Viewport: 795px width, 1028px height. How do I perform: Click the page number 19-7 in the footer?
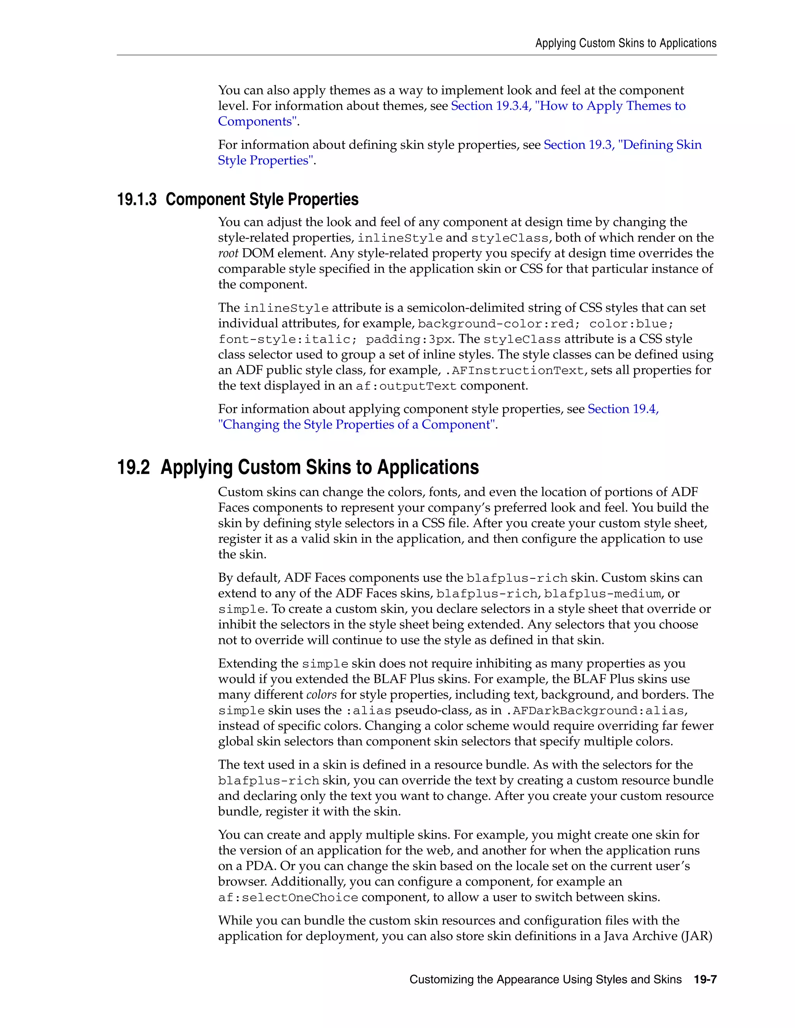click(x=705, y=980)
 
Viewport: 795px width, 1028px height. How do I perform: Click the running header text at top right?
click(x=625, y=43)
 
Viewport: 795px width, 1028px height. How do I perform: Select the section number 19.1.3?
click(x=137, y=199)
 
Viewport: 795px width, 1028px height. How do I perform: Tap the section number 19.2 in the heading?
click(x=133, y=467)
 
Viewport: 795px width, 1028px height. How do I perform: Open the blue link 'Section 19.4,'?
click(x=623, y=409)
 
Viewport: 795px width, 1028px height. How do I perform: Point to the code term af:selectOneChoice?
click(x=288, y=898)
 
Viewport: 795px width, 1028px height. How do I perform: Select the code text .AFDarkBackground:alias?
click(x=596, y=711)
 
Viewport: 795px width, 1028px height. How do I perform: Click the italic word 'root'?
click(x=228, y=254)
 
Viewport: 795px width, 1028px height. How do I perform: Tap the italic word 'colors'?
click(x=321, y=695)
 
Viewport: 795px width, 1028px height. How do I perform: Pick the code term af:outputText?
click(x=406, y=386)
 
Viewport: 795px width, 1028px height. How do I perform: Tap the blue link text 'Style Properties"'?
click(x=266, y=161)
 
